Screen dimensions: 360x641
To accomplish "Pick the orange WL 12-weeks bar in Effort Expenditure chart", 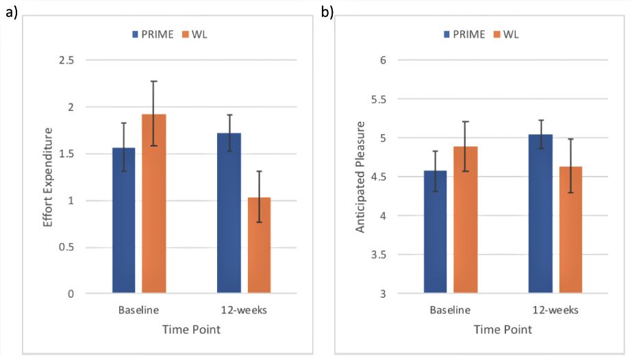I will [x=259, y=246].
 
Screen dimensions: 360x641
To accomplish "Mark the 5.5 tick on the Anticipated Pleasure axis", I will [x=377, y=99].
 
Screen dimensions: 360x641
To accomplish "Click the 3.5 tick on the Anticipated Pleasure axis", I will [x=377, y=255].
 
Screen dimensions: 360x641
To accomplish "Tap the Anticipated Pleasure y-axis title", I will [x=360, y=177].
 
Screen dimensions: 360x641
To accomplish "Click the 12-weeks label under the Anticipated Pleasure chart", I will [x=555, y=310].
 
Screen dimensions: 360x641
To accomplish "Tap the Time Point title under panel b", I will [x=503, y=330].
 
